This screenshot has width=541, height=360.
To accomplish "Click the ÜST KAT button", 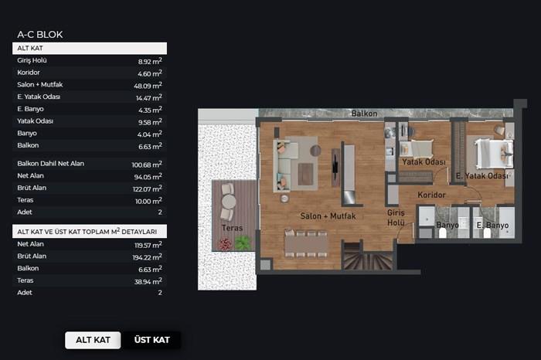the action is point(151,340).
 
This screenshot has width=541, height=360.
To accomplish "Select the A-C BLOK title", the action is point(40,35).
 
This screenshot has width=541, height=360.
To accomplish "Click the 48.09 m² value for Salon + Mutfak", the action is point(148,85).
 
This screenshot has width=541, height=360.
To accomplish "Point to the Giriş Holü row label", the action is point(32,60).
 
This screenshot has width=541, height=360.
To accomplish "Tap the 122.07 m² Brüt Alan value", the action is point(148,188).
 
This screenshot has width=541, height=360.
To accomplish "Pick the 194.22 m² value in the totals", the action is point(148,257).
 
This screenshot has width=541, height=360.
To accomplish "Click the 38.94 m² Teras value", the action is point(148,281).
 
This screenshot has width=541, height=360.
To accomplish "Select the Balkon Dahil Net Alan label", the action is point(51,164).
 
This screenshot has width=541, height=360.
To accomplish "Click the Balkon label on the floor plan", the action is point(364,114).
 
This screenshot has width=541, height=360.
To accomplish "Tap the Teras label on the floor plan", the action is point(232,228).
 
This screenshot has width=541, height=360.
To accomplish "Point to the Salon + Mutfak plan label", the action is point(328,216).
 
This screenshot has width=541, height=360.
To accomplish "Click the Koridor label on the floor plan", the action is point(431,195).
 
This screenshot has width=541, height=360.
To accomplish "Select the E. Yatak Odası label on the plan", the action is point(482,176).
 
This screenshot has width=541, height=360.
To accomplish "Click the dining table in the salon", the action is point(306,243).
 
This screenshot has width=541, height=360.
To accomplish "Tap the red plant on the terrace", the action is point(225,244).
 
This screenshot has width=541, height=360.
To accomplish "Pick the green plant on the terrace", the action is point(243,243).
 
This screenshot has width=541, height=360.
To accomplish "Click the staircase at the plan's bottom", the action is point(368,256).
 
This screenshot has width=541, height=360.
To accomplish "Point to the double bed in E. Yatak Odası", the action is point(493,154).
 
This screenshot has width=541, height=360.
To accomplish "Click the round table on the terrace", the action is point(229,202).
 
